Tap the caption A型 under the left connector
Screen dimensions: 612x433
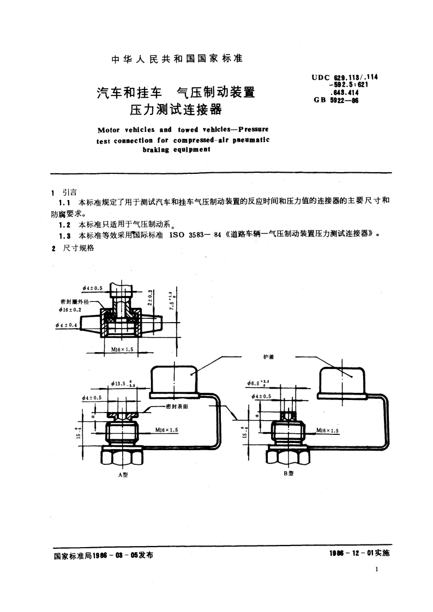(x=123, y=474)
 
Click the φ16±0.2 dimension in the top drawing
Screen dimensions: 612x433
(x=70, y=309)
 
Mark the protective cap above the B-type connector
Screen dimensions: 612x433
(x=341, y=379)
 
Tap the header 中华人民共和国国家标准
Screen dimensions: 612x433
(x=177, y=59)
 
